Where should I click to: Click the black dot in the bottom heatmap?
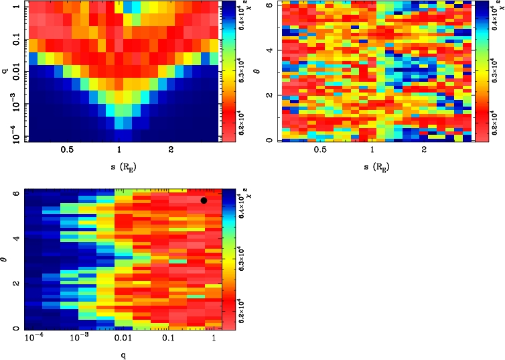[204, 200]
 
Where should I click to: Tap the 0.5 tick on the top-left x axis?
[68, 151]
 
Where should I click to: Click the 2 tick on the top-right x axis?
[425, 151]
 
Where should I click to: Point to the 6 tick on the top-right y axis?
[268, 6]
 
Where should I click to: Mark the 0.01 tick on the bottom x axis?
[123, 340]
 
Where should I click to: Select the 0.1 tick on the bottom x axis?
[168, 340]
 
